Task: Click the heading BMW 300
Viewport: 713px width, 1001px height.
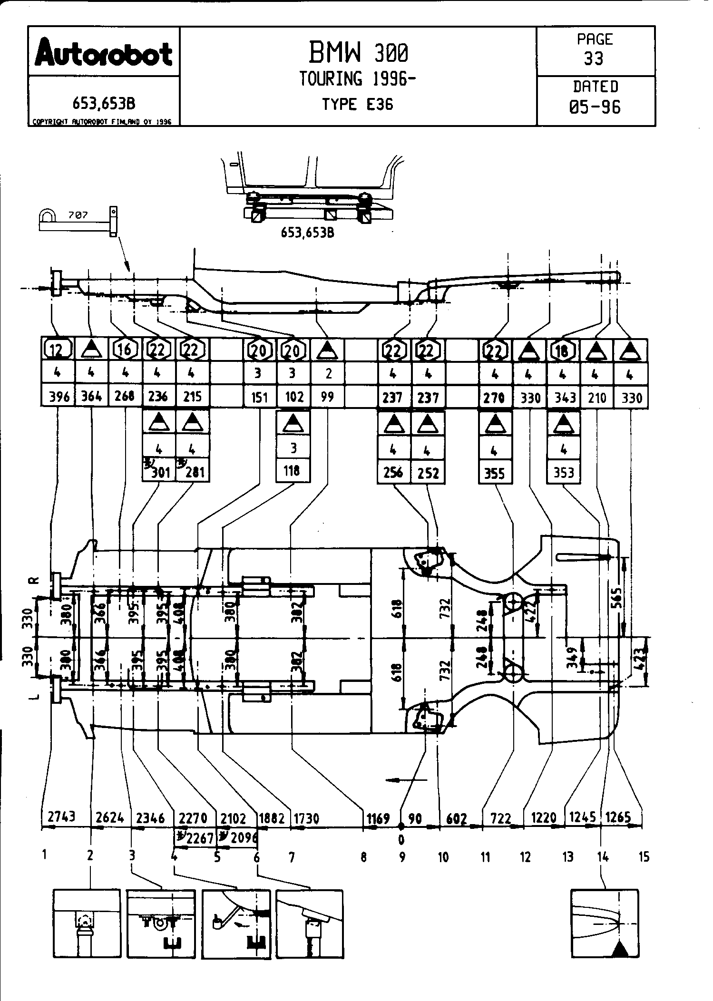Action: (x=358, y=52)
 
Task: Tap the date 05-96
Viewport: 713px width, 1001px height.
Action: (x=595, y=107)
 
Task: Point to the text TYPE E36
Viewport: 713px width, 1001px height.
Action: (x=358, y=105)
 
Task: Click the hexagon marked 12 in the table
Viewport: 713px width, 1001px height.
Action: (x=58, y=350)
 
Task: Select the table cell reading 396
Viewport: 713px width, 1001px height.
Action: (x=59, y=396)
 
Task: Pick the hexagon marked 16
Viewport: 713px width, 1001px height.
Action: (x=125, y=350)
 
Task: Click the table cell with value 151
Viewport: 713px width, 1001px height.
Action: (x=260, y=397)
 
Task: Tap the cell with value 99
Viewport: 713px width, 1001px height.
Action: (x=327, y=396)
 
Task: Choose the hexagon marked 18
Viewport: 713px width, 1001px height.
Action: (x=563, y=351)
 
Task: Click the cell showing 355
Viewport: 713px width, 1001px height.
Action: (x=495, y=473)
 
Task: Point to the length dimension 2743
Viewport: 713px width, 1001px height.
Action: (x=61, y=816)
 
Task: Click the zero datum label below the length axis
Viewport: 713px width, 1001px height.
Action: (x=401, y=838)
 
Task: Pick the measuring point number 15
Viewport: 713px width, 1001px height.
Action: (x=644, y=857)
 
